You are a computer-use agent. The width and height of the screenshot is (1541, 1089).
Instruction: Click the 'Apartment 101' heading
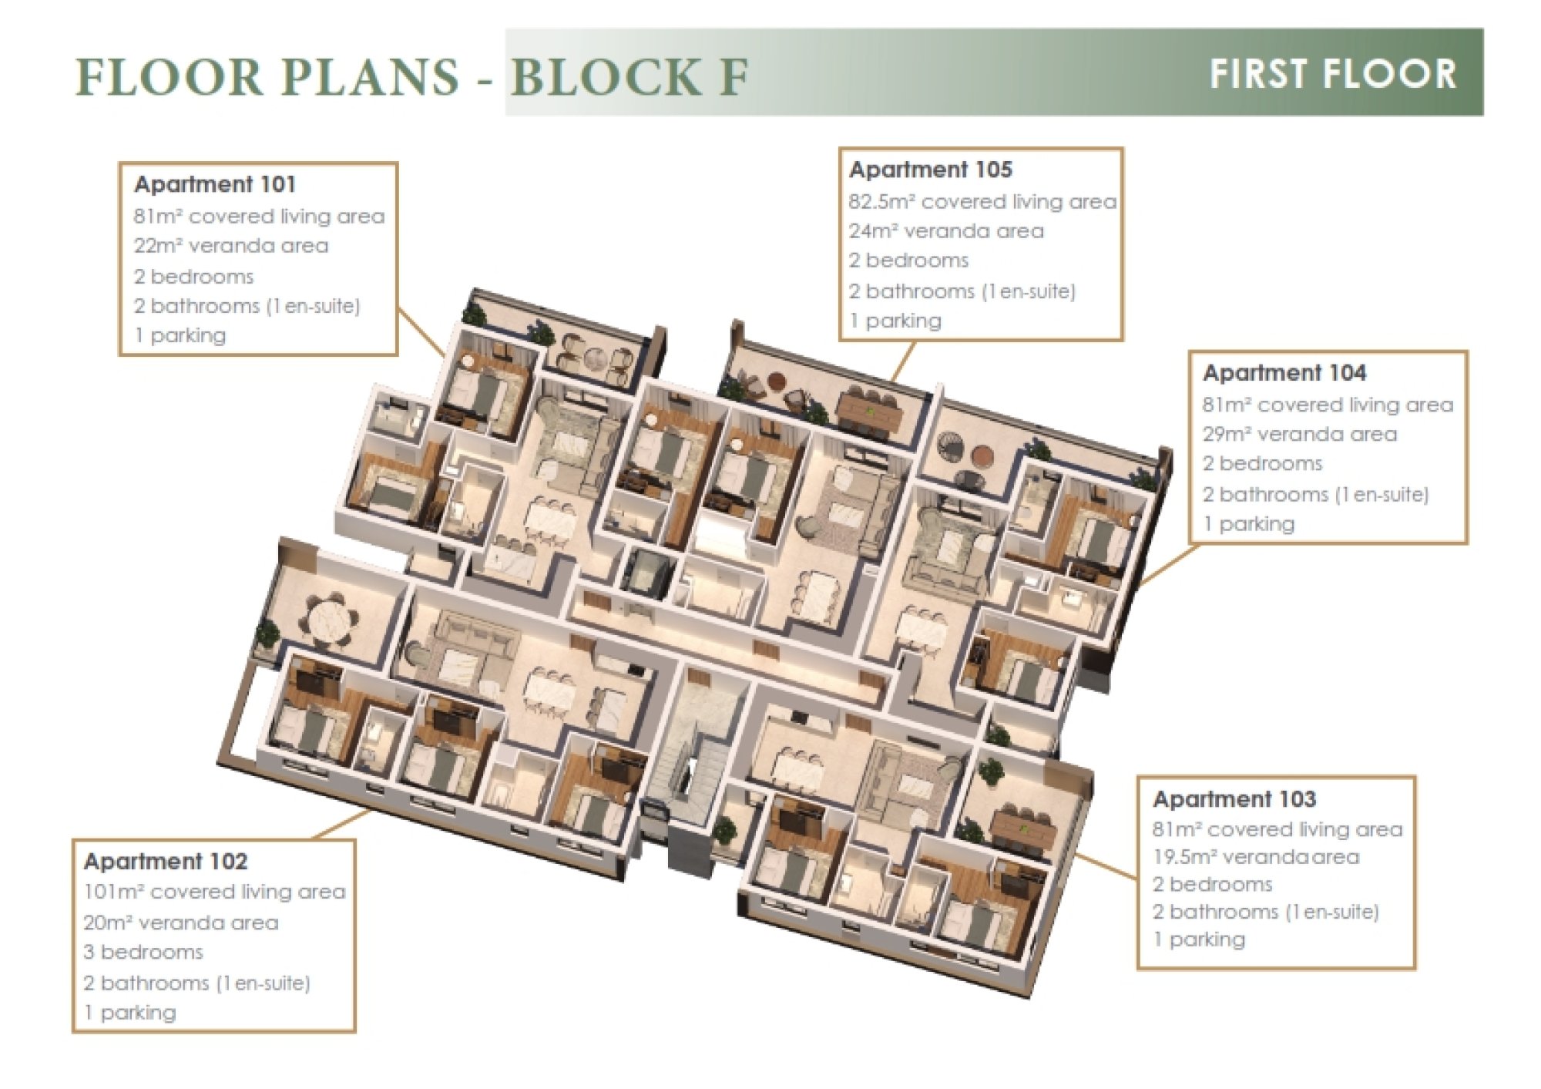215,184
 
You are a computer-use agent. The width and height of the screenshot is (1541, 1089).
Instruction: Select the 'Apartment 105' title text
931,170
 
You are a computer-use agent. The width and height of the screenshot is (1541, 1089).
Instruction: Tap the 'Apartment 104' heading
1284,373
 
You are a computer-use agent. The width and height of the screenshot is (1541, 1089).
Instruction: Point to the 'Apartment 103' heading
1234,799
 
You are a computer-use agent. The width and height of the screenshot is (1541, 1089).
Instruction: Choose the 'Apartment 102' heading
166,862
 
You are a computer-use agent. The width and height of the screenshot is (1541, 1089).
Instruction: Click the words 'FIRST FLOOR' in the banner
1332,75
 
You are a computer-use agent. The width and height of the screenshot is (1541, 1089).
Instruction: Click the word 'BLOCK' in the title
605,77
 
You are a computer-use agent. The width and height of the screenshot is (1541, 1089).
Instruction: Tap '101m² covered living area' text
214,892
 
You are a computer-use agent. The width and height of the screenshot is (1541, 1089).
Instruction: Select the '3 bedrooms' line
143,952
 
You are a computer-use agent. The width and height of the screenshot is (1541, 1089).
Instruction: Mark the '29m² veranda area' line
1300,434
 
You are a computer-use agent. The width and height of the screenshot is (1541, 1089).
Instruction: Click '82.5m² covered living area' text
982,202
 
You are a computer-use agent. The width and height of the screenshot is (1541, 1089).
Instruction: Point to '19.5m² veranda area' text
1256,857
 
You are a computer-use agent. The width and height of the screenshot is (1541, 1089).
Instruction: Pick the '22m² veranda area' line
231,246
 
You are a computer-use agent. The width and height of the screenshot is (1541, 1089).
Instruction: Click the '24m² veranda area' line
946,231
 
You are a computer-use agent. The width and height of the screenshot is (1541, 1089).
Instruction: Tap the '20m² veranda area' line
181,923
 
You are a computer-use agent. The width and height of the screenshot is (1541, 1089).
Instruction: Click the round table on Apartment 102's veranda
332,620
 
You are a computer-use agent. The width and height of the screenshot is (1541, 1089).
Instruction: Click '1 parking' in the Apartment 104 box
1248,524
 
